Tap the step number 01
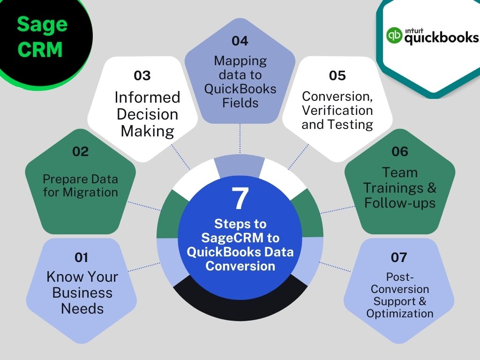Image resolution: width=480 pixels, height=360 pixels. coord(82,257)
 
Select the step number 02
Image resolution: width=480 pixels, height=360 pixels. coord(81,151)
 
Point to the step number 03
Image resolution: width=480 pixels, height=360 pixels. coord(142,75)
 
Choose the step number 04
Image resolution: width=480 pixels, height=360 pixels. coord(240,41)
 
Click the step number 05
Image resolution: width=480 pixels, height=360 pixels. coord(337,75)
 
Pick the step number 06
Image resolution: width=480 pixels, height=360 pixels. coord(400,151)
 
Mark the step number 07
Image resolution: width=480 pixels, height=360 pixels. coord(399,257)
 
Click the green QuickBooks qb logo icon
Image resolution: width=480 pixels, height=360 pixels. coord(394,35)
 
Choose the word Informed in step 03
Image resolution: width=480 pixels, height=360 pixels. coord(147,97)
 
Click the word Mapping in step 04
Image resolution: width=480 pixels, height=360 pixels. coord(240,61)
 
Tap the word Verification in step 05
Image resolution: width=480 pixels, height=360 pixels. coord(337,110)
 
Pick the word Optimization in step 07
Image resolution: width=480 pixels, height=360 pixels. coord(400,314)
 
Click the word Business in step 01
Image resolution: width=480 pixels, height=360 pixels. coord(82,292)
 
